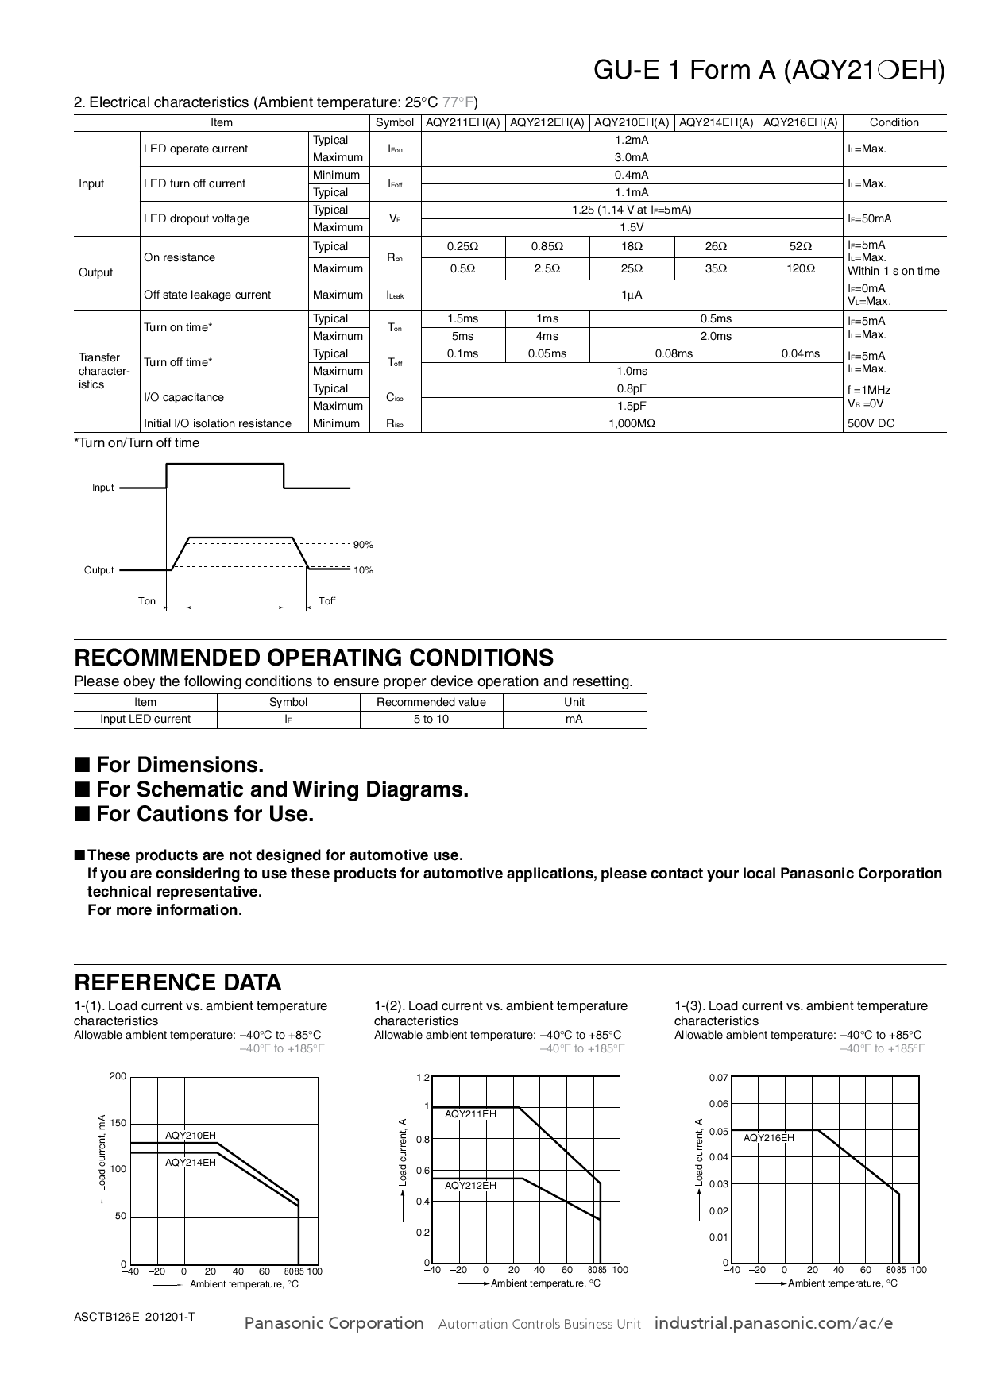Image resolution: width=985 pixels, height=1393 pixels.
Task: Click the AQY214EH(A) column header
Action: pos(716,122)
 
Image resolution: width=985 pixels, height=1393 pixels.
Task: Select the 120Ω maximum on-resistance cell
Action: pos(801,268)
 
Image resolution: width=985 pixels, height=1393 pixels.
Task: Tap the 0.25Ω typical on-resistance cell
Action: pos(462,246)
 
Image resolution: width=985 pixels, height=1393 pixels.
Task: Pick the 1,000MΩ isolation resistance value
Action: pos(632,423)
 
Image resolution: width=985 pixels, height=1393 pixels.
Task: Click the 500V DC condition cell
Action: pos(871,423)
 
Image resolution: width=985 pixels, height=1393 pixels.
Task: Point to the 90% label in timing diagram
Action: pos(363,545)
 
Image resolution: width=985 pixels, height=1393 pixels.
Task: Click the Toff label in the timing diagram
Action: pos(326,600)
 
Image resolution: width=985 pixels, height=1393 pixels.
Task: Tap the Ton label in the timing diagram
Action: pos(147,600)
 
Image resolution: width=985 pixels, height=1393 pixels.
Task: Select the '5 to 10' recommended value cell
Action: pos(431,719)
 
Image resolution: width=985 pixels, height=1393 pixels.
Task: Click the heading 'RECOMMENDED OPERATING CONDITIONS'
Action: pos(314,658)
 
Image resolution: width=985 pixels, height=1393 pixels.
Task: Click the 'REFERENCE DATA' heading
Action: pos(177,982)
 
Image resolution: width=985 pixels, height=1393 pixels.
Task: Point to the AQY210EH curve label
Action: pos(190,1136)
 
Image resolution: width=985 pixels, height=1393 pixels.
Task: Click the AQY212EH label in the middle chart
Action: pos(470,1185)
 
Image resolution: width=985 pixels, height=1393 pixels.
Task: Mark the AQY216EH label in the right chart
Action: pos(768,1138)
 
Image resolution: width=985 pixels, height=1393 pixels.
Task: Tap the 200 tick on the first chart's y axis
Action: pos(118,1076)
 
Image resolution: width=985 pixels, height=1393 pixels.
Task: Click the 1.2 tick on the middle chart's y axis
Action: pos(423,1078)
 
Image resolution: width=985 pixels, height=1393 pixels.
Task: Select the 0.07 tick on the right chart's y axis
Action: pos(718,1078)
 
